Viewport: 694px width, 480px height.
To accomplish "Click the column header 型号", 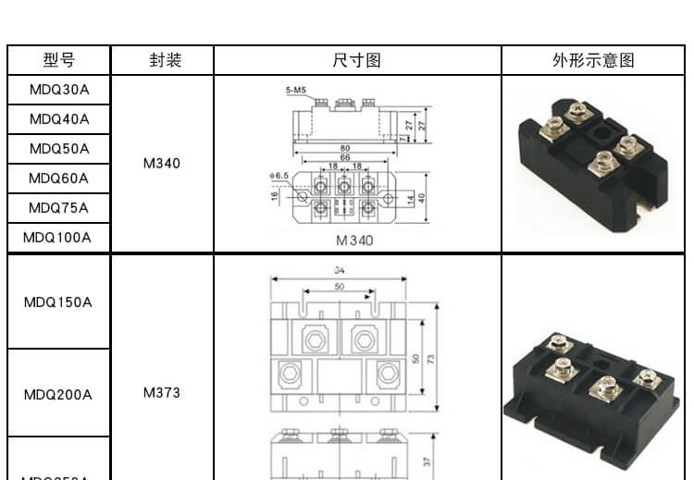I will [59, 61].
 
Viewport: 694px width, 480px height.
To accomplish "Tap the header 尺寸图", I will [357, 61].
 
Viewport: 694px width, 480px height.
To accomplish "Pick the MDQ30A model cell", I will [59, 90].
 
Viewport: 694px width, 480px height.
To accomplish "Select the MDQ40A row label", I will [59, 119].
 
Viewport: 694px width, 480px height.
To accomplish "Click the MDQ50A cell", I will [59, 149].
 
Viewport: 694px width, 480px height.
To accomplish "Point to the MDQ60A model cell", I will [59, 178].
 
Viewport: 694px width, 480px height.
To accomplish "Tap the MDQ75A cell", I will [59, 207].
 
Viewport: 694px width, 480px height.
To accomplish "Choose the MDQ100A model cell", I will [57, 237].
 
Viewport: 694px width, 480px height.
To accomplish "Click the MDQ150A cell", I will [57, 302].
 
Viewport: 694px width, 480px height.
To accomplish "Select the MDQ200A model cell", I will [57, 395].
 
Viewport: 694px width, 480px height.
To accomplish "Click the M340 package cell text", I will [162, 164].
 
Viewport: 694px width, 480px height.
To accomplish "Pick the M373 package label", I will [162, 392].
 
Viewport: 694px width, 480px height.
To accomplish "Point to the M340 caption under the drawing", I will [354, 240].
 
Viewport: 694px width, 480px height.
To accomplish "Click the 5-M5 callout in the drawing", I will [296, 91].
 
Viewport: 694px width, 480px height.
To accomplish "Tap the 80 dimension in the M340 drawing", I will [344, 148].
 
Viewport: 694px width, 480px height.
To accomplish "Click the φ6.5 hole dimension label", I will [279, 175].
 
